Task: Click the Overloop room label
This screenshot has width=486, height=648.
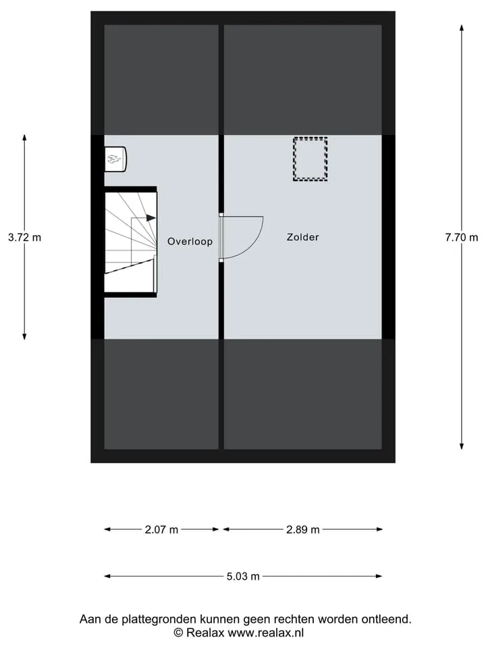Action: click(190, 242)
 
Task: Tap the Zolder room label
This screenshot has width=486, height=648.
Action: click(303, 237)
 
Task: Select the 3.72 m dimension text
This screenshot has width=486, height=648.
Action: click(25, 238)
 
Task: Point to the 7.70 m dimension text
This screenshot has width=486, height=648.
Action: click(462, 238)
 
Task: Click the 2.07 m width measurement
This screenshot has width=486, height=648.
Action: click(161, 530)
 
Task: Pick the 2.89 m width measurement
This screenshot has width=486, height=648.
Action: click(303, 530)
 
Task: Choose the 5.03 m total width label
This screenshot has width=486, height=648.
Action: click(243, 576)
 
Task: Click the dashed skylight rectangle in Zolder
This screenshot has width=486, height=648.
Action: click(310, 138)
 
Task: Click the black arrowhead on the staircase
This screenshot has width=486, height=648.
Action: click(151, 218)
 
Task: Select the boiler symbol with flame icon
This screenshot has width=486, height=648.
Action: click(115, 159)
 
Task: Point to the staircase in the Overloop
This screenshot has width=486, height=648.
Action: click(130, 242)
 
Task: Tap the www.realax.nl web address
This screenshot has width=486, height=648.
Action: click(266, 632)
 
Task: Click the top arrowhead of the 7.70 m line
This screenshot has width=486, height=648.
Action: click(462, 28)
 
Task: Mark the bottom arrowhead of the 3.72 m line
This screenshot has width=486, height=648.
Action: click(24, 336)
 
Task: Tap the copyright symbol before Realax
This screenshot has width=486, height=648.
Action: click(178, 632)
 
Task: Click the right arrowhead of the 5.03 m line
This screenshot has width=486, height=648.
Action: click(379, 576)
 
